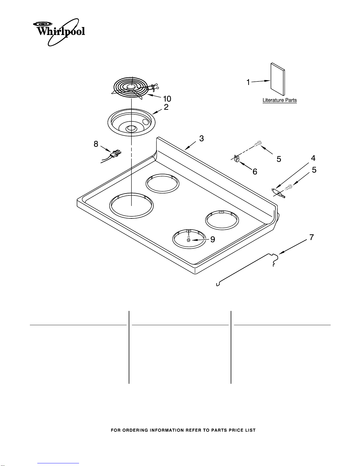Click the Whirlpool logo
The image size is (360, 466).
coord(59,32)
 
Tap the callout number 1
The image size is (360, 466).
coord(248,82)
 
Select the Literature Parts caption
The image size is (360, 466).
coord(280,100)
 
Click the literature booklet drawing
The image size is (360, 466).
coord(278,79)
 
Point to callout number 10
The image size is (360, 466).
coord(167,99)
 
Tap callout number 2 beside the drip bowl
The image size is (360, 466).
coord(166,107)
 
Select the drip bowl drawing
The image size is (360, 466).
coord(131,122)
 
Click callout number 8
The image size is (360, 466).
coord(96,144)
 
